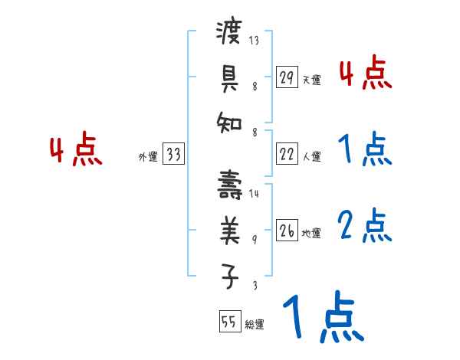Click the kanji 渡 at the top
pyautogui.click(x=230, y=34)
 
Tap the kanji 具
pyautogui.click(x=230, y=76)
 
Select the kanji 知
pyautogui.click(x=230, y=120)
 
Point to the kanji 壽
pyautogui.click(x=230, y=184)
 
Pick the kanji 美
pyautogui.click(x=230, y=227)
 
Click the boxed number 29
pyautogui.click(x=286, y=77)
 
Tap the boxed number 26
pyautogui.click(x=286, y=231)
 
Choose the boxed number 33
pyautogui.click(x=173, y=155)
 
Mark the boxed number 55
pyautogui.click(x=228, y=322)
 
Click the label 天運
pyautogui.click(x=311, y=80)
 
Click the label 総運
pyautogui.click(x=255, y=325)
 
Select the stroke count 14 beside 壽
pyautogui.click(x=254, y=195)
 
